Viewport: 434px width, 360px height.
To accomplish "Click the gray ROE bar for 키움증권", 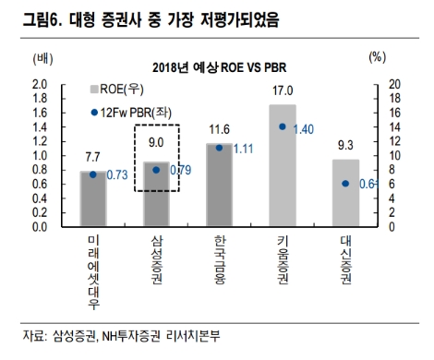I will (283, 166).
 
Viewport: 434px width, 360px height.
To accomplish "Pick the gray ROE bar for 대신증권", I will (345, 193).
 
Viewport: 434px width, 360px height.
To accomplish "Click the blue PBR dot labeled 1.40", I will (283, 126).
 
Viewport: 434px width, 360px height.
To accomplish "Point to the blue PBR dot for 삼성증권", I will (156, 170).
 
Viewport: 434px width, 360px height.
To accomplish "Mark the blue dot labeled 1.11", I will (219, 147).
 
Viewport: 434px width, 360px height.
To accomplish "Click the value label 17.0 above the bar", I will (283, 90).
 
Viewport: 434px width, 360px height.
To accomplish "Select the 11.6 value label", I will (219, 129).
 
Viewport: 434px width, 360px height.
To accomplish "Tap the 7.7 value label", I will (92, 158).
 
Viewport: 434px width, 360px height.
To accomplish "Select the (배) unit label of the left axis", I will (43, 58).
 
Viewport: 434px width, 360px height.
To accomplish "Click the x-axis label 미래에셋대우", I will (92, 272).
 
